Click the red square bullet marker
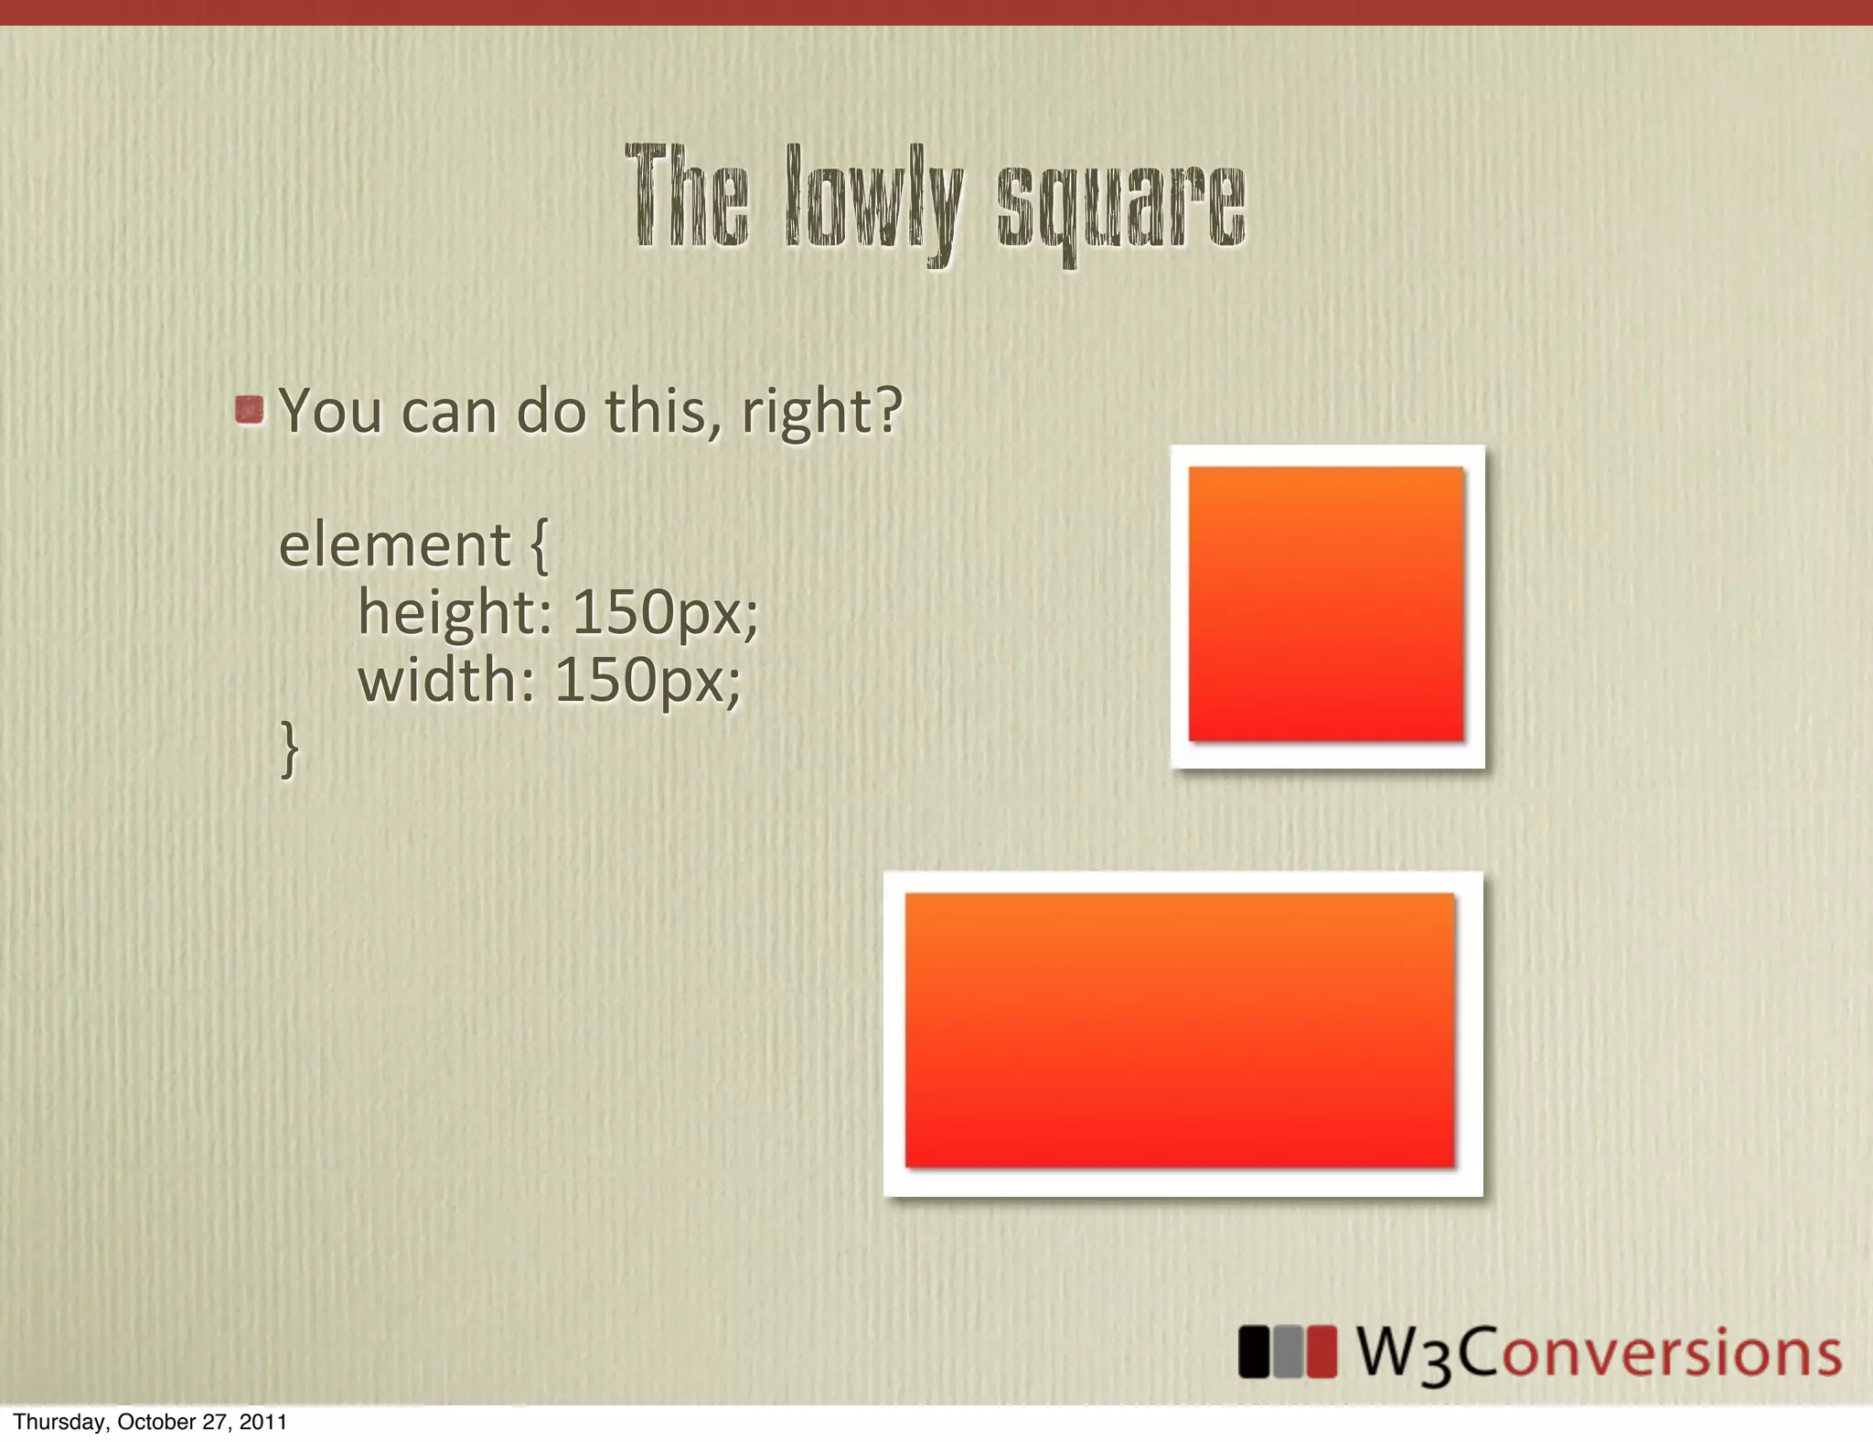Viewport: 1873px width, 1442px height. (x=249, y=409)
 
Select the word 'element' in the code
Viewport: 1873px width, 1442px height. (x=394, y=545)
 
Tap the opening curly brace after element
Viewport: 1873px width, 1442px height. (x=539, y=546)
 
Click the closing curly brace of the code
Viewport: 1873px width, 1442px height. (x=289, y=748)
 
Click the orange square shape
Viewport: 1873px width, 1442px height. (x=1326, y=604)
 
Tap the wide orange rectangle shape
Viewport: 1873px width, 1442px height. (x=1180, y=1030)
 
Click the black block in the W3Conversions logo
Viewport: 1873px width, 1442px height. (x=1253, y=1351)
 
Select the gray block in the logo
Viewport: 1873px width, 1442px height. (x=1287, y=1351)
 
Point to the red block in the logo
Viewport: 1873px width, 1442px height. (x=1321, y=1351)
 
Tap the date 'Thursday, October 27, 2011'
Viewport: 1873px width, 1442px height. (x=150, y=1422)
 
